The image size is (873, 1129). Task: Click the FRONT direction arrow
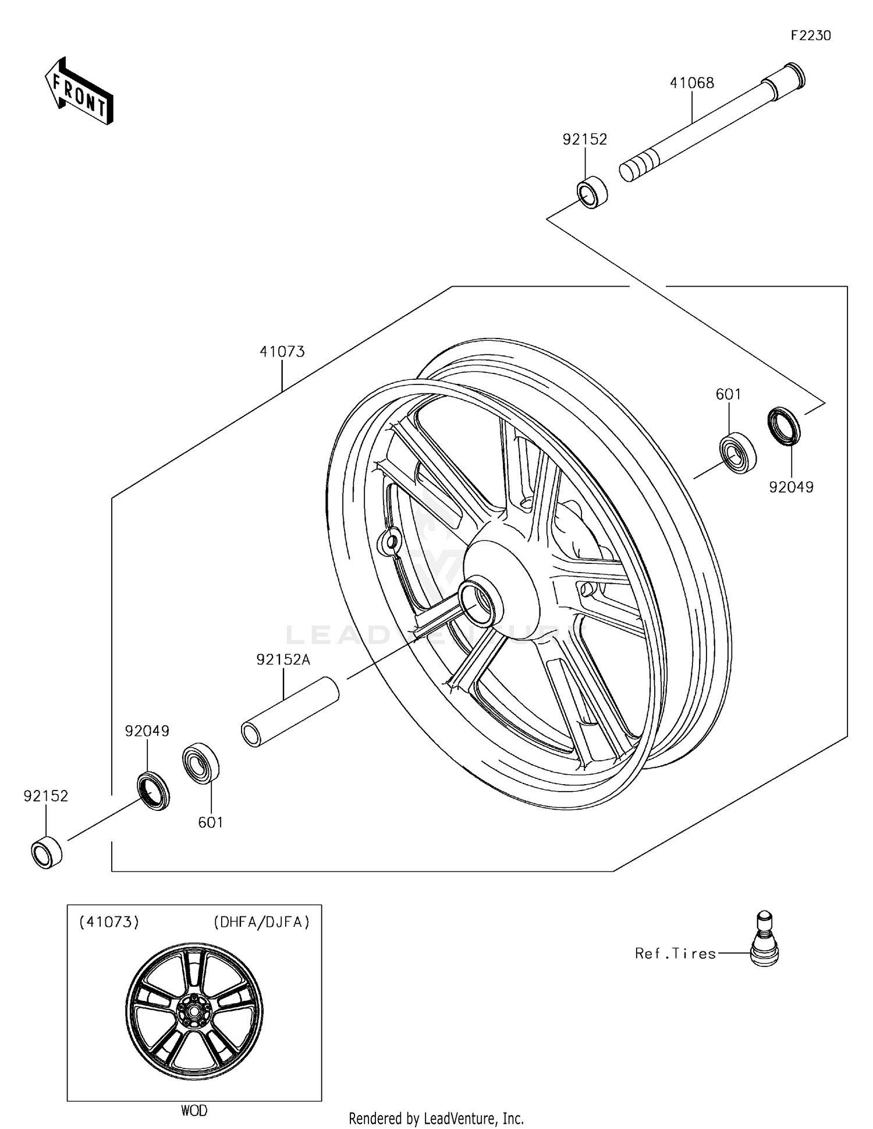click(79, 91)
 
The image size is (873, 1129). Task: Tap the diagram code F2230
click(810, 36)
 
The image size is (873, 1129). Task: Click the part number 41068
click(691, 83)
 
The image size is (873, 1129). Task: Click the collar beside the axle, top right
click(592, 192)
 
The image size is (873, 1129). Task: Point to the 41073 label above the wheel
click(282, 351)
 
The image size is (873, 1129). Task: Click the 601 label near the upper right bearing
click(728, 394)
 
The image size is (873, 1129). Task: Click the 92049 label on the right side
click(791, 487)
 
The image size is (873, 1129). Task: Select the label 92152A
click(283, 659)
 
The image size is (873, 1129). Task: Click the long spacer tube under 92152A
click(290, 712)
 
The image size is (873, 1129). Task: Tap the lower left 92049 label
click(147, 731)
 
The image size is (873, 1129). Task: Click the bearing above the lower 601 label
click(200, 763)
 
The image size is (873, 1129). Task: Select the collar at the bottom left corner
click(47, 852)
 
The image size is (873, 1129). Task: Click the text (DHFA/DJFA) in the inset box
click(261, 922)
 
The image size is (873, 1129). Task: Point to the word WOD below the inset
click(194, 1110)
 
